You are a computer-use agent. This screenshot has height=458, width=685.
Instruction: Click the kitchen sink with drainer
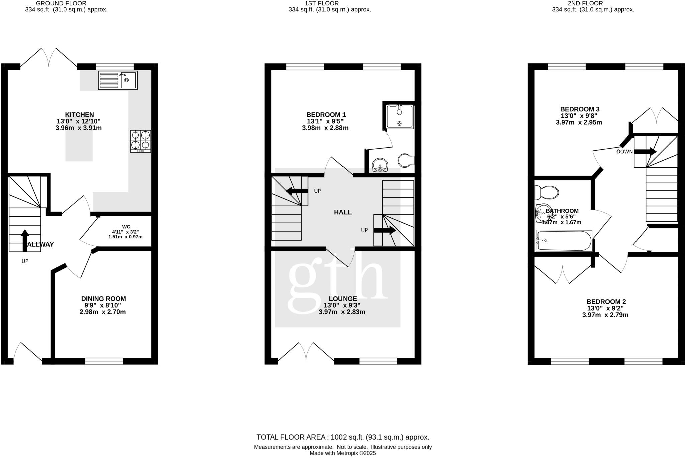(117, 80)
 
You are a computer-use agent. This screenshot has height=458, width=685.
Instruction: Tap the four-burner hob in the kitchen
(140, 141)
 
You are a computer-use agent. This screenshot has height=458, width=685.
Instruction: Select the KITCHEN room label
(79, 115)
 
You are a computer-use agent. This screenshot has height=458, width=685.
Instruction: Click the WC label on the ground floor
(126, 227)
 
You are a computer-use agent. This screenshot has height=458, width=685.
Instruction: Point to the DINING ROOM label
(103, 299)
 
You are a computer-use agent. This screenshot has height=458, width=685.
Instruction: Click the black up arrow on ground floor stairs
(25, 240)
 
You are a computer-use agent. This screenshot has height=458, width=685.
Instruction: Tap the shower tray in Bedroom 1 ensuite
(400, 117)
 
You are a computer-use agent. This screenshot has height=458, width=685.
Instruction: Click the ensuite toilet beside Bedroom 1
(406, 161)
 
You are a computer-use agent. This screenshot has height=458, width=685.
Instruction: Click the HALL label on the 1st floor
(342, 212)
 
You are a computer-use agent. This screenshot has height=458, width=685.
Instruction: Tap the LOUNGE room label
(342, 299)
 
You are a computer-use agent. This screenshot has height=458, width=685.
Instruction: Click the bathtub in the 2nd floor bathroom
(564, 241)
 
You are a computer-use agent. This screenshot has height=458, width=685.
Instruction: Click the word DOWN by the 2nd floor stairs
(624, 152)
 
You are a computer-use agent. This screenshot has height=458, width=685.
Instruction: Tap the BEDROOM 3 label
(580, 109)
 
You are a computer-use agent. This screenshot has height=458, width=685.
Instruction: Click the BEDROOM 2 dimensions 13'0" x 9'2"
(605, 308)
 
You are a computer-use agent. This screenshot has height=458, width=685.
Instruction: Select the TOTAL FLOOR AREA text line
(342, 437)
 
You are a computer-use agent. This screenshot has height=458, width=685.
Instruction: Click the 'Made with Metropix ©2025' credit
(342, 453)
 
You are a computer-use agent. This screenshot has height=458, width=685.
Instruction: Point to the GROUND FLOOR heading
(61, 3)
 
